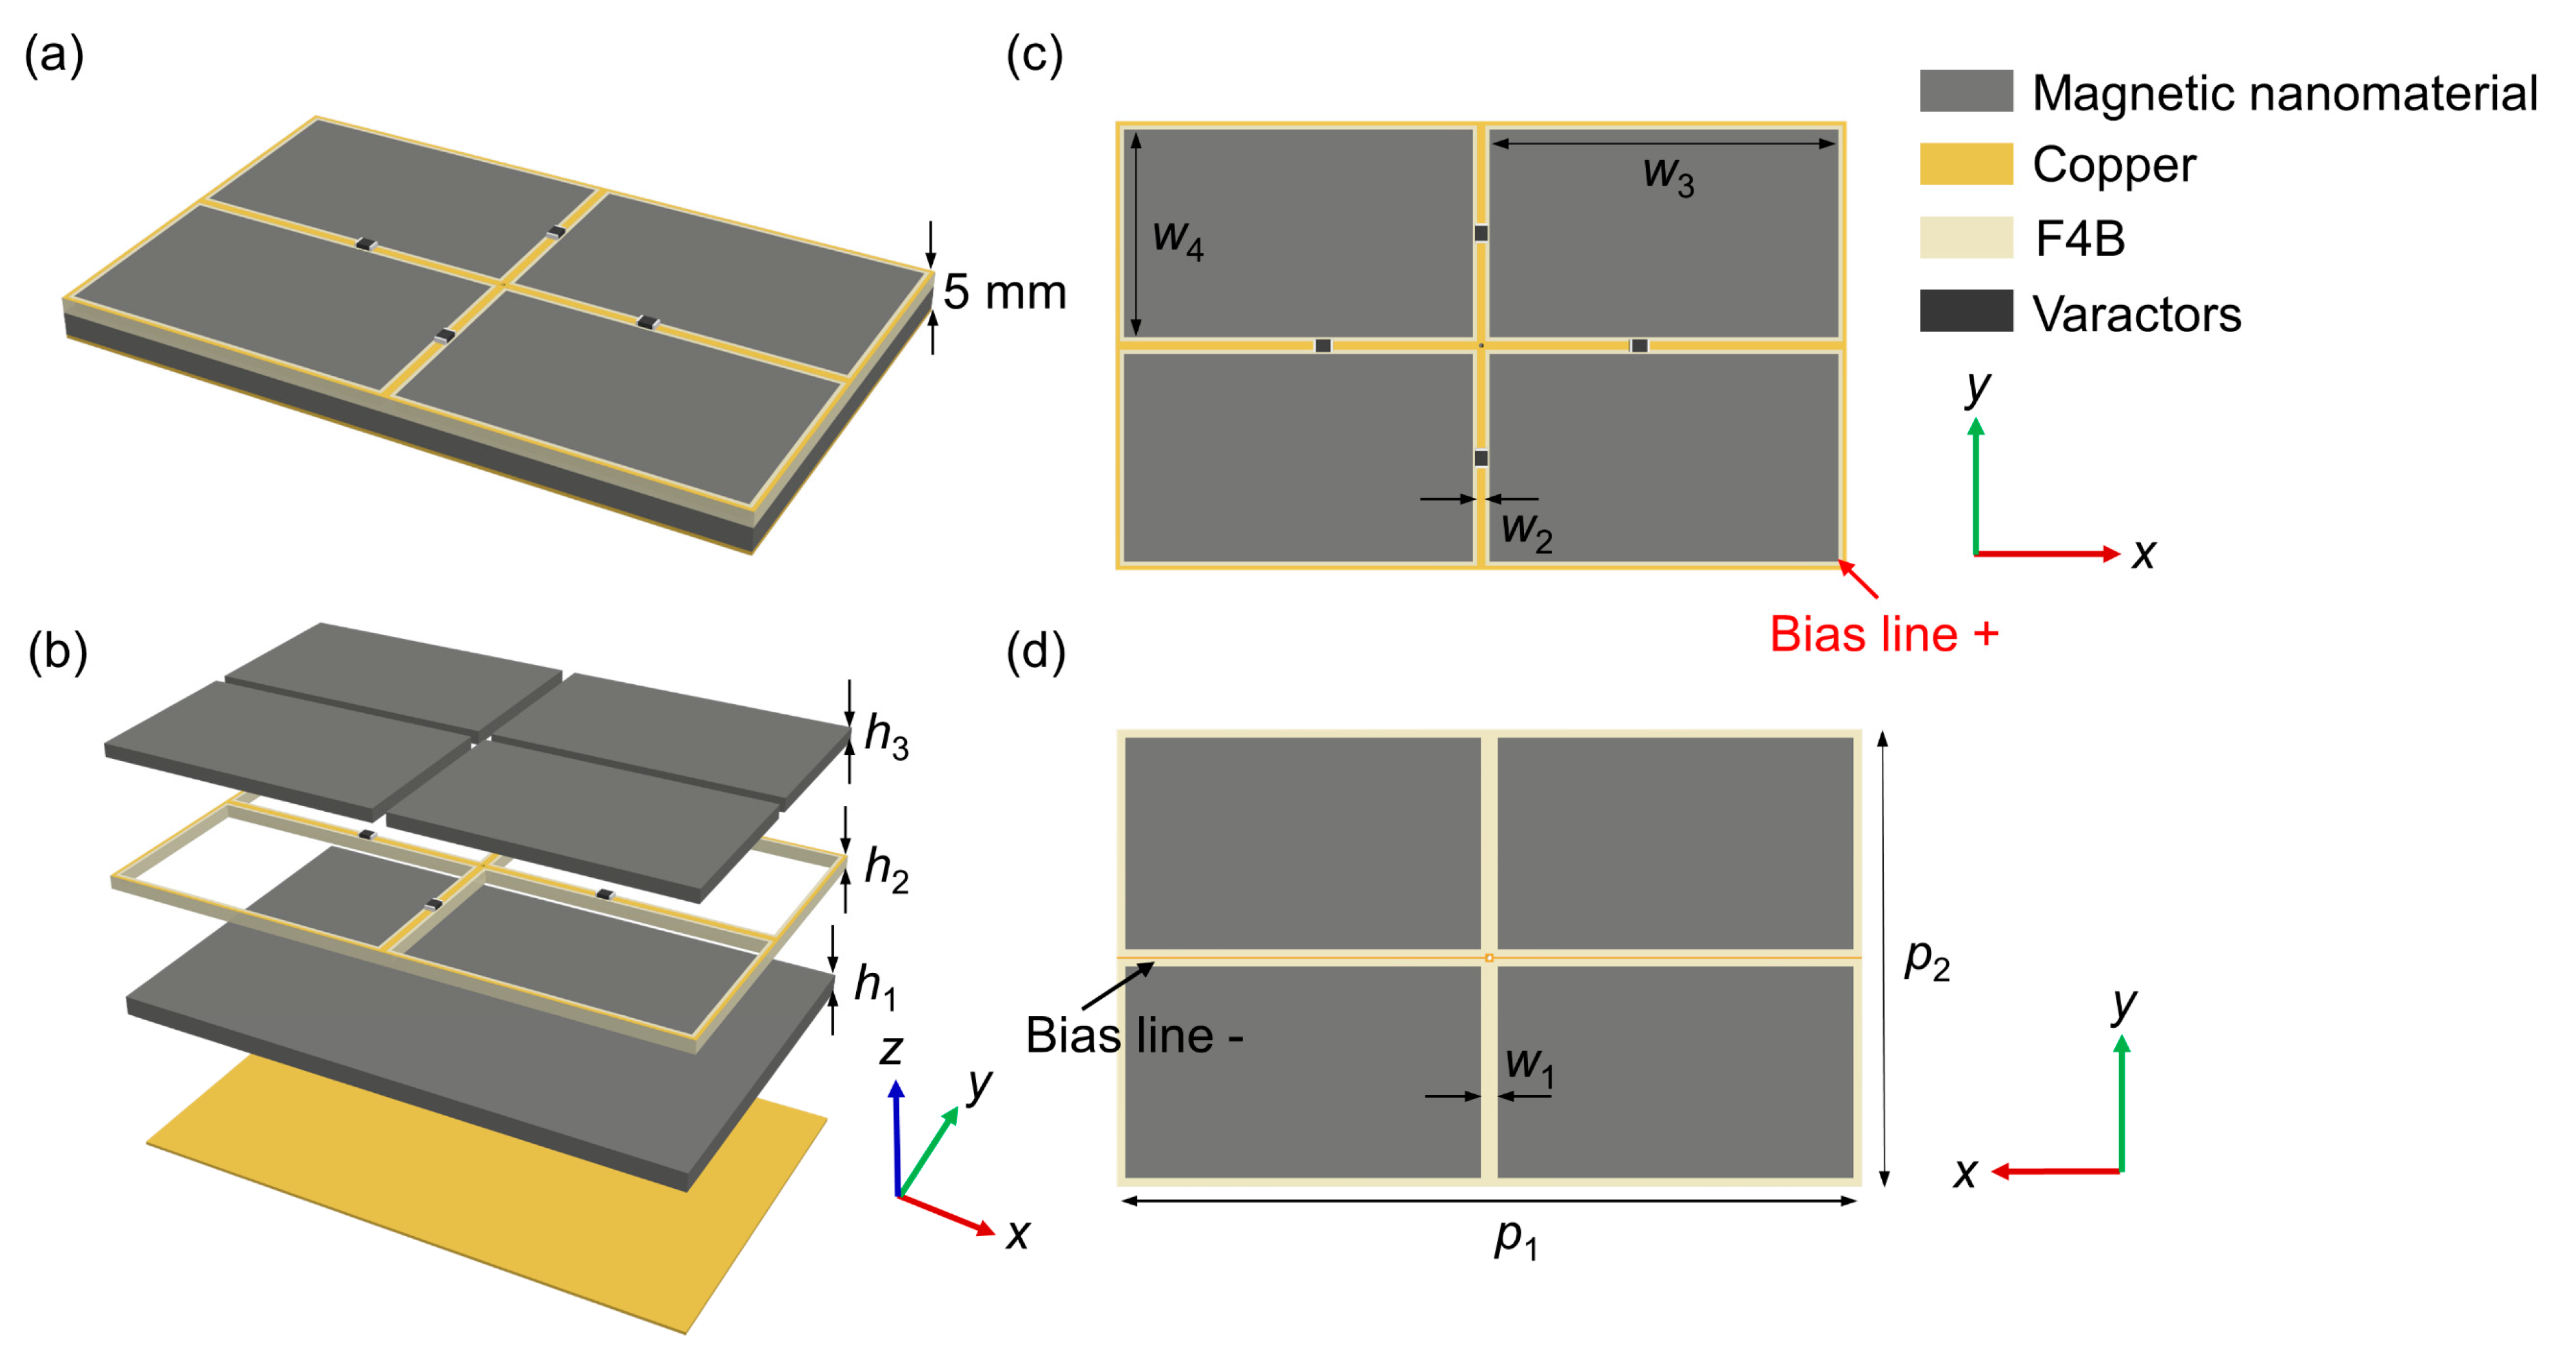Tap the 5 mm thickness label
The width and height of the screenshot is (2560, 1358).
tap(1004, 292)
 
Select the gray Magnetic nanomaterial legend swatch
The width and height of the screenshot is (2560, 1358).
tap(1965, 92)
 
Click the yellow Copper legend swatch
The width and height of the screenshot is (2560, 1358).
tap(1965, 164)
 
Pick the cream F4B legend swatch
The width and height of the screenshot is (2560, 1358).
tap(1965, 237)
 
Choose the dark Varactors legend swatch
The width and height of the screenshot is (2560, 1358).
tap(1965, 311)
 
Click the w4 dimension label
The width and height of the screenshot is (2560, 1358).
tap(1178, 240)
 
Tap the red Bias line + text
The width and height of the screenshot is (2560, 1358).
tap(1883, 635)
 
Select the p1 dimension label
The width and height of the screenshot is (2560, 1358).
tap(1516, 1239)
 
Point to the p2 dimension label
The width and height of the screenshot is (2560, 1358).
tap(1926, 959)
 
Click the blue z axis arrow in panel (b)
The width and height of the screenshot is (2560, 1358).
tap(896, 1134)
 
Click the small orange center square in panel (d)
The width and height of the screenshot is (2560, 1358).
tap(1489, 958)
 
